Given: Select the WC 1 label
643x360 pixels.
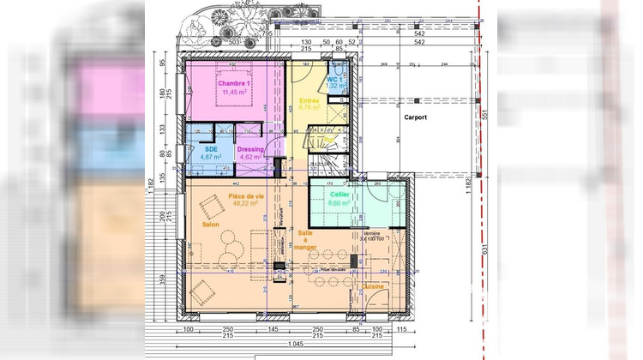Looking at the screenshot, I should click(x=334, y=80).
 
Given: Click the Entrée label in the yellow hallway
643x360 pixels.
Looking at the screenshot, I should click(x=309, y=100).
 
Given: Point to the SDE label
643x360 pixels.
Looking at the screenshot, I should click(x=210, y=148).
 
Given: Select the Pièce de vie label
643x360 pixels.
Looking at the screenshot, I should click(x=246, y=196).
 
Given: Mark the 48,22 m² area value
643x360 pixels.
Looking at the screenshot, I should click(x=246, y=204).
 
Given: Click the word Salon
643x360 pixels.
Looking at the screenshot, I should click(x=211, y=225).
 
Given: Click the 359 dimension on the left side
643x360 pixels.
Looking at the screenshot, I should click(x=161, y=278).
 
